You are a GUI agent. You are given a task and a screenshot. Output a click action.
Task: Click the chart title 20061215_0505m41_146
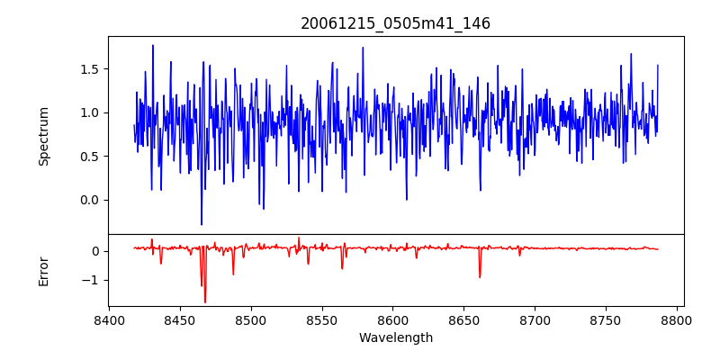395,23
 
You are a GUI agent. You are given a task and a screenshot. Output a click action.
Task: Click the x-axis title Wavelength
395,338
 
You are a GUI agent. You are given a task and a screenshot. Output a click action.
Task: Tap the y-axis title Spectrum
44,136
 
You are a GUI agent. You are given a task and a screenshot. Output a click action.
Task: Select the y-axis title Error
44,271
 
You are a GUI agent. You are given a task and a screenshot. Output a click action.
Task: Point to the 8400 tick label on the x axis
109,319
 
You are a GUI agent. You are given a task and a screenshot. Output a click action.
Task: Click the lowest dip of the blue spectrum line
202,224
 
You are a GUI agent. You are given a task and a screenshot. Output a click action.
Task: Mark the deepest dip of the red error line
204,302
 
